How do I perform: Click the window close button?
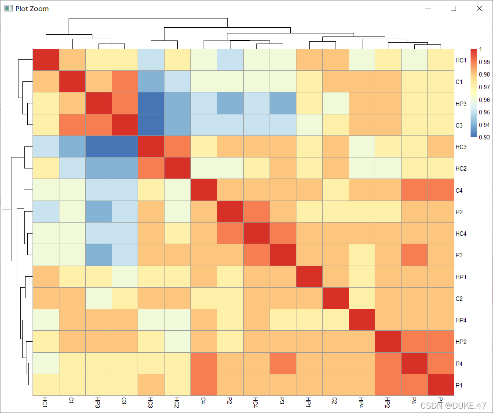click(479, 8)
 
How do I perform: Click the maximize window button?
click(453, 8)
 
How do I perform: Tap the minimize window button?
click(427, 8)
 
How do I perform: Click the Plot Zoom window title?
click(32, 8)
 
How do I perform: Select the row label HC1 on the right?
click(461, 60)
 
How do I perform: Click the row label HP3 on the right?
click(461, 103)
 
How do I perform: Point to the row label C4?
click(459, 190)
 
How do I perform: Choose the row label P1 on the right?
click(459, 385)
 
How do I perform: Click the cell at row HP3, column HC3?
click(151, 103)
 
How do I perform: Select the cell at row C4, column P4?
click(414, 190)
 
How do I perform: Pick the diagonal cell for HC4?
click(256, 234)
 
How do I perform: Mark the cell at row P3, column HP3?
click(99, 255)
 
